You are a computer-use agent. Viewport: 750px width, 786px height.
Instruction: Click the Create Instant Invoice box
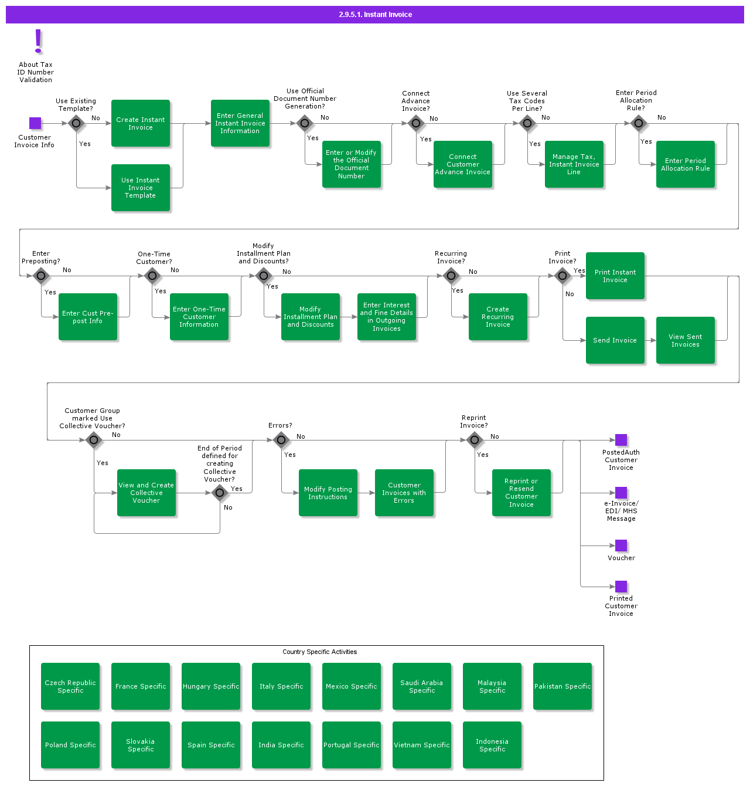click(x=141, y=123)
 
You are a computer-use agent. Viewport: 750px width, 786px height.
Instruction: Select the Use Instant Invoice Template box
click(x=141, y=188)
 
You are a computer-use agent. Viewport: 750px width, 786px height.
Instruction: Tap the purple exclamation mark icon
click(x=39, y=41)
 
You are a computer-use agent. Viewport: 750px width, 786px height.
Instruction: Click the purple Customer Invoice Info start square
click(x=35, y=123)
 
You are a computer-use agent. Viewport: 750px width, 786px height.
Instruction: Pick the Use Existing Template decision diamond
click(x=76, y=123)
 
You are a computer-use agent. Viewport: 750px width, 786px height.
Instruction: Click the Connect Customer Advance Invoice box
click(x=463, y=164)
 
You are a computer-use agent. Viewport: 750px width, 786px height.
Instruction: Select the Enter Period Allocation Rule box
click(x=686, y=164)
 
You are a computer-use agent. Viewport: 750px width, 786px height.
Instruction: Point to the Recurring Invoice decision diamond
click(x=451, y=276)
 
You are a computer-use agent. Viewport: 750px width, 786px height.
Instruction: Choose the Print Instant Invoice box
click(x=615, y=276)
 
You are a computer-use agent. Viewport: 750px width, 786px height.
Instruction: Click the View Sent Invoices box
click(x=686, y=340)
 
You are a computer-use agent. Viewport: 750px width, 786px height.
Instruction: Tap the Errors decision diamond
click(x=281, y=440)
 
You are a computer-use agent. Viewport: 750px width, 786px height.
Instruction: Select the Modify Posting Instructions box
click(x=328, y=493)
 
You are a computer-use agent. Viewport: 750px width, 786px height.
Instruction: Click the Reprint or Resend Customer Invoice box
click(x=521, y=493)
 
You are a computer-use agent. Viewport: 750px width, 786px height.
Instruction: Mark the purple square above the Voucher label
click(x=621, y=546)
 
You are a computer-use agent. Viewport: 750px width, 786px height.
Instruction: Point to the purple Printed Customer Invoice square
click(x=621, y=587)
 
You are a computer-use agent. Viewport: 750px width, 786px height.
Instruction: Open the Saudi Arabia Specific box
click(x=422, y=686)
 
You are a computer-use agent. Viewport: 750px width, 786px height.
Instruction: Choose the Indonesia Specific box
click(x=492, y=745)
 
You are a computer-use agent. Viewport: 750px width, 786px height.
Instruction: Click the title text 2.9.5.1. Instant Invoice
click(x=375, y=15)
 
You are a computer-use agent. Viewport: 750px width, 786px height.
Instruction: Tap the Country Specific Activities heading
click(x=319, y=652)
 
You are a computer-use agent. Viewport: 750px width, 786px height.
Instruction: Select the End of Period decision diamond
click(x=220, y=493)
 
